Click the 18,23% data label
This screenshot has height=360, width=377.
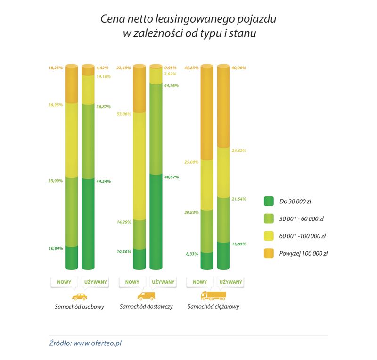pos(55,67)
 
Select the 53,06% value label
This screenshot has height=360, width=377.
pos(124,114)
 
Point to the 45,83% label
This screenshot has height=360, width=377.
pos(192,67)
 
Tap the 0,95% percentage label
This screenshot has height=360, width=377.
pos(170,67)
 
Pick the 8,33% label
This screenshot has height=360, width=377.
pos(192,254)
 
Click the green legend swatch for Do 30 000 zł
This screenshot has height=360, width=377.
pos(269,201)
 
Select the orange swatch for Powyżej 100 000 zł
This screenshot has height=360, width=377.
pos(269,253)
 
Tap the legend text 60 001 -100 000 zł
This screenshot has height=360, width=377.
pos(302,236)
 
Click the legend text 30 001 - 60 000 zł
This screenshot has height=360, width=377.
pos(301,219)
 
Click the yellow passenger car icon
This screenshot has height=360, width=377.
pos(79,296)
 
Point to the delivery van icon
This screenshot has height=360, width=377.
pos(146,296)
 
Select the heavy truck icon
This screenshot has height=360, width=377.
pos(213,296)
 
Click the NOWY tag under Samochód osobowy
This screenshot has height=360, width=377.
pos(64,282)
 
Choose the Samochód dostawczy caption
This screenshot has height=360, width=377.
pos(146,307)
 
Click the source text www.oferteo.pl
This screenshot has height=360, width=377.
pos(97,343)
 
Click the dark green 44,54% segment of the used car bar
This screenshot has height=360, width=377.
pos(88,222)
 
